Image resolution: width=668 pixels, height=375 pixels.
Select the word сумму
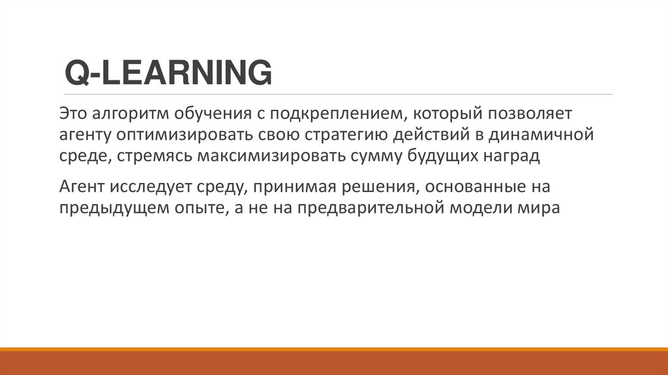382,157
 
